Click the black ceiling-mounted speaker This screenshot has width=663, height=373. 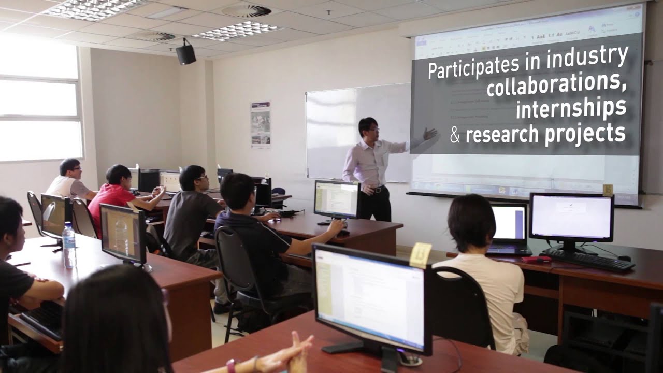[185, 53]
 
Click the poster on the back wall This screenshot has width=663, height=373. [261, 125]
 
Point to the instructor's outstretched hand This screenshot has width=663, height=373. [429, 135]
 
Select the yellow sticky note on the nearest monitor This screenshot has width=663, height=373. [420, 255]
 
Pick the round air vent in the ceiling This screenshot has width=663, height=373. [246, 11]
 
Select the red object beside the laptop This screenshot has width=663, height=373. [535, 259]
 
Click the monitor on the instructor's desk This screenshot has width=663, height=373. [337, 199]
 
